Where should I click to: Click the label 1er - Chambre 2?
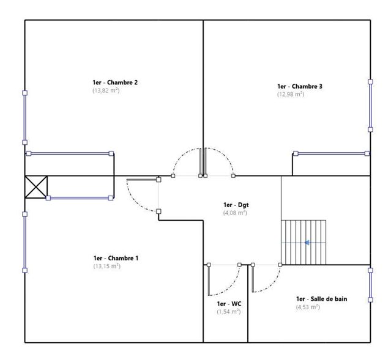click(115, 83)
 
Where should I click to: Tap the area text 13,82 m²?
click(106, 90)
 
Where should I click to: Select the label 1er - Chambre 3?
click(300, 86)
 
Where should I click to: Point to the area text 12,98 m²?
click(291, 94)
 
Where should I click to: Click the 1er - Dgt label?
click(236, 205)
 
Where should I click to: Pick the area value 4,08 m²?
click(235, 213)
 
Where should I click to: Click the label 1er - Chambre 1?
click(116, 258)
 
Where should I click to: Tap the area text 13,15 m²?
click(107, 266)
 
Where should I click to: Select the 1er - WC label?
click(229, 304)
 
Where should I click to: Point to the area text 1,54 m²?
click(229, 312)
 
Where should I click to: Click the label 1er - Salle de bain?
click(322, 299)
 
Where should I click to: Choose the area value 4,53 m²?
click(308, 307)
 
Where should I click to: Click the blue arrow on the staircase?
click(307, 243)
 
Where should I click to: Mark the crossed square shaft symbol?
click(36, 187)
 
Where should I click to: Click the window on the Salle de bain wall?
click(370, 285)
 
